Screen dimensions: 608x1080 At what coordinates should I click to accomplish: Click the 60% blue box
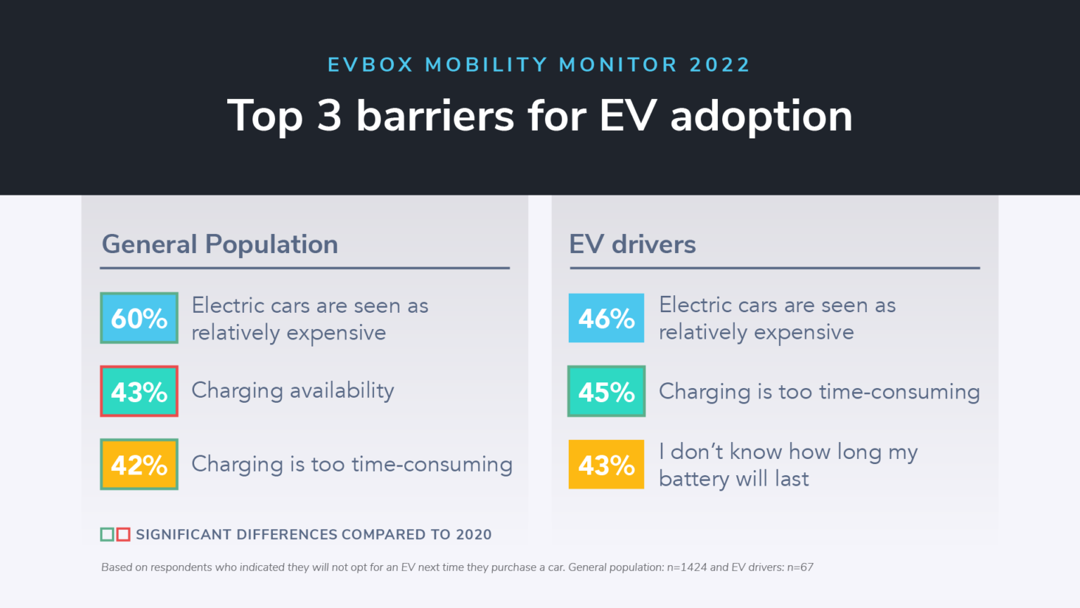139,318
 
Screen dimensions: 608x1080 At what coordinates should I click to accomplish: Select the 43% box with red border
139,391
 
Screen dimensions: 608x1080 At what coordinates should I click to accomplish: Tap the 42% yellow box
139,464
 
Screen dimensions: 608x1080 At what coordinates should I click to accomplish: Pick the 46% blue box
606,318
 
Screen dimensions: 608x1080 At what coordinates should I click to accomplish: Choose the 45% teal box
606,391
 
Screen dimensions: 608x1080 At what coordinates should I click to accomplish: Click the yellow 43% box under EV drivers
606,464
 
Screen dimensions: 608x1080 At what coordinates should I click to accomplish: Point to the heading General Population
219,244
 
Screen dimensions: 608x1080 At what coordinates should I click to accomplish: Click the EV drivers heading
632,244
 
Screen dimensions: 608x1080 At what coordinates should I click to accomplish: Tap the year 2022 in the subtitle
719,65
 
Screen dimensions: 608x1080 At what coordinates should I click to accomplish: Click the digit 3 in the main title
329,115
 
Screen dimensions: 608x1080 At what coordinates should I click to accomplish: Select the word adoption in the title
761,117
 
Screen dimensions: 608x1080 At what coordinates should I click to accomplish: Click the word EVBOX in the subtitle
371,65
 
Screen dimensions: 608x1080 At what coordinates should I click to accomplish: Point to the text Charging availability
292,391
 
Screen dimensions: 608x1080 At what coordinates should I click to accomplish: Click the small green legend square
107,534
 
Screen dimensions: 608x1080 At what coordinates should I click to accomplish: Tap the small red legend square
123,534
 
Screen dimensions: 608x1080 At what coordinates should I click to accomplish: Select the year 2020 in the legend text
473,534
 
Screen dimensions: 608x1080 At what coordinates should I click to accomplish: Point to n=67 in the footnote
799,567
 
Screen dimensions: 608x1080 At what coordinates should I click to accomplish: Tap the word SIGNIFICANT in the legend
183,534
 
